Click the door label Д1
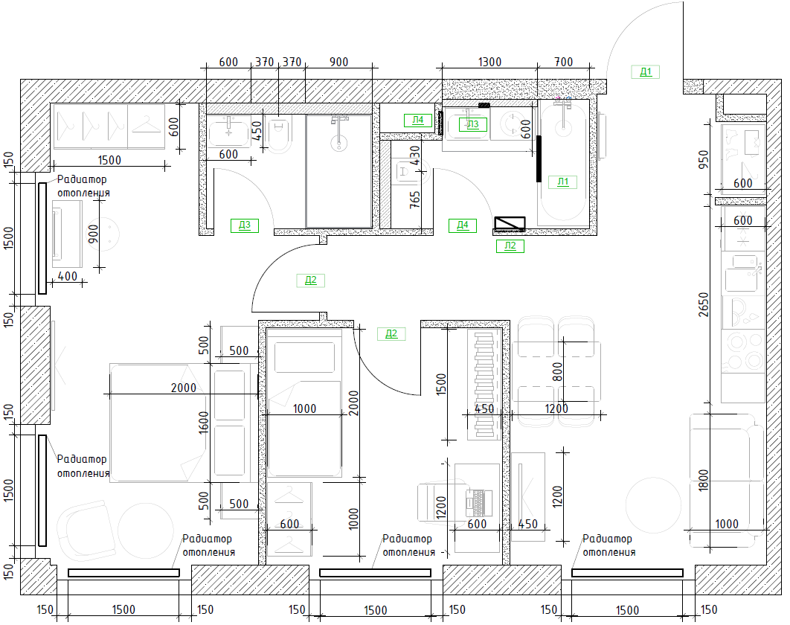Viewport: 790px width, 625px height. [646, 72]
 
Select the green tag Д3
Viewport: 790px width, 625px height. [244, 225]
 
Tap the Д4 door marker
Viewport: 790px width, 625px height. [463, 225]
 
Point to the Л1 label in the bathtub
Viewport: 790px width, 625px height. [563, 182]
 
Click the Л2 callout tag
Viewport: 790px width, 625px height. [510, 246]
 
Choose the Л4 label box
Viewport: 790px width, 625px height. [418, 120]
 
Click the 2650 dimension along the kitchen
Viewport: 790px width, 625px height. [704, 304]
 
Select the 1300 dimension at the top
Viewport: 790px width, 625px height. [489, 62]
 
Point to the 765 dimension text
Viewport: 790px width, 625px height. [414, 199]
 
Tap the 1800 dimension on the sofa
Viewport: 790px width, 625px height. [704, 481]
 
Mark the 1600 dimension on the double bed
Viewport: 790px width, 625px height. [204, 423]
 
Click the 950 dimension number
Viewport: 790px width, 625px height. [704, 159]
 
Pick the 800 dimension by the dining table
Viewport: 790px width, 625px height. [557, 371]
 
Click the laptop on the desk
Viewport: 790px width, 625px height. [478, 502]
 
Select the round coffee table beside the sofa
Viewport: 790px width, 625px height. [653, 505]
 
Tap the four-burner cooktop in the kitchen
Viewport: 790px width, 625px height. [744, 351]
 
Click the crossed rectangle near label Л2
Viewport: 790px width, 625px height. [510, 224]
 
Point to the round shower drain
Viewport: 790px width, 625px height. [339, 143]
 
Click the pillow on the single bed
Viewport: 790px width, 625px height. [304, 357]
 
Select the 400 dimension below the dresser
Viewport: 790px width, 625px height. [68, 276]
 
